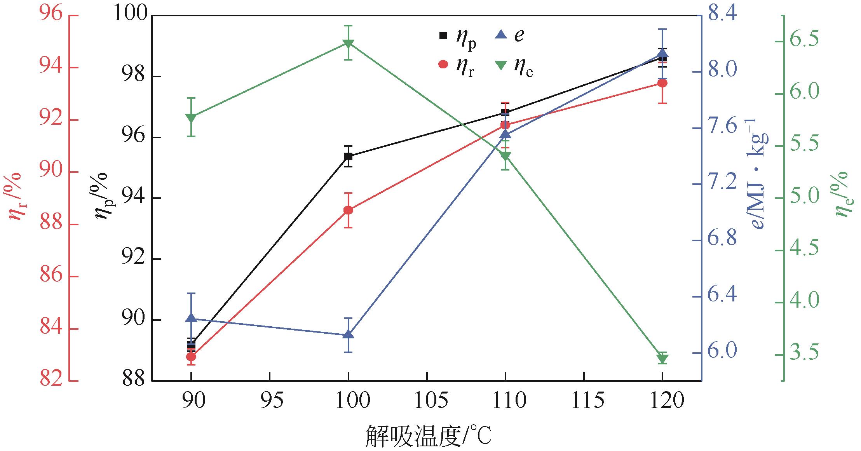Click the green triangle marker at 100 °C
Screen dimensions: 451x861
coord(348,43)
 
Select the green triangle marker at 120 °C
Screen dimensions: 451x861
coord(662,359)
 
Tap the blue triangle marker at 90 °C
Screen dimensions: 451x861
coord(191,318)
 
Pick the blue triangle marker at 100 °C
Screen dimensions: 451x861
coord(348,334)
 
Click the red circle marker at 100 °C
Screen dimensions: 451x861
coord(348,210)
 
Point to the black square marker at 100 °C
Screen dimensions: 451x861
coord(348,156)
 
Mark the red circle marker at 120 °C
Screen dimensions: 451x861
coord(662,83)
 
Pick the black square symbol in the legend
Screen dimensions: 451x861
coord(443,36)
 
